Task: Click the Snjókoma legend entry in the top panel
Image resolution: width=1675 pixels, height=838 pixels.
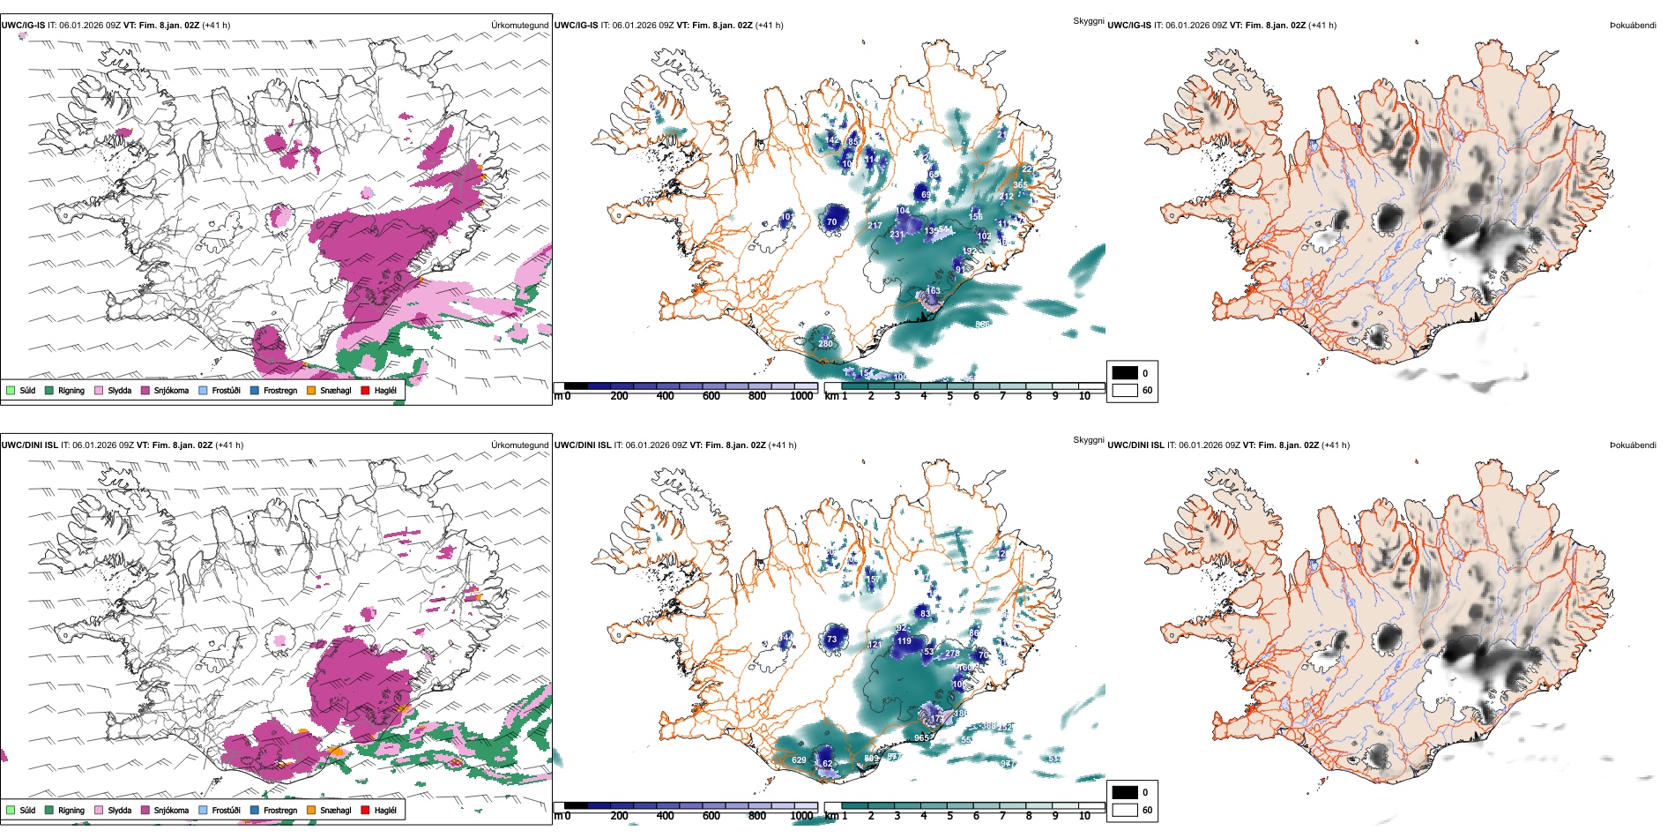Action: coord(171,391)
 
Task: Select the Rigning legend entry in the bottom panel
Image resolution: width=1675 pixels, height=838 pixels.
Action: coord(71,811)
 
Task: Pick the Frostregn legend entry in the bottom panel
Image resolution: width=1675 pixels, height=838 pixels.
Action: coord(279,811)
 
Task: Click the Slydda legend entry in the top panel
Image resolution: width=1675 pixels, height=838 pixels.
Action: coord(119,391)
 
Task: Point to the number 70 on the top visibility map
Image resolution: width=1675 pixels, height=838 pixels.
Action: coord(831,222)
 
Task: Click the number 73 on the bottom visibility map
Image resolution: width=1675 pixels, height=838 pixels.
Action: coord(831,640)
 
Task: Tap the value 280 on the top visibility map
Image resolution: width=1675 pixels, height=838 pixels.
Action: coord(825,344)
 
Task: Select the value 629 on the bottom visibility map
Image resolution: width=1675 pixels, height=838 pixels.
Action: coord(799,760)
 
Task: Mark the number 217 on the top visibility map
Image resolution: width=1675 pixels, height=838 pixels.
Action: coord(875,226)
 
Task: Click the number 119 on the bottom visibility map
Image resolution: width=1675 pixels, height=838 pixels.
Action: coord(904,641)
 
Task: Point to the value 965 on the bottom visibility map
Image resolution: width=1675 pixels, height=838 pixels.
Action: coord(921,738)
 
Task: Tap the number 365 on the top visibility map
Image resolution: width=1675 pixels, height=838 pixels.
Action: coord(1020,185)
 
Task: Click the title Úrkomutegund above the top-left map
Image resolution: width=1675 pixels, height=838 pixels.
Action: coord(519,26)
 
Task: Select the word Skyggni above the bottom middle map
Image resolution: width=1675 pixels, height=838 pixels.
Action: coord(1088,440)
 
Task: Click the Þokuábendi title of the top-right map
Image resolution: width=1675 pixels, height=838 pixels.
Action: coord(1633,26)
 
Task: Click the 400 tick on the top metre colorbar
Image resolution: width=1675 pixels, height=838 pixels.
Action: coord(666,397)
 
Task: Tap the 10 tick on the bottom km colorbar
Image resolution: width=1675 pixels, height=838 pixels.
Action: coord(1084,817)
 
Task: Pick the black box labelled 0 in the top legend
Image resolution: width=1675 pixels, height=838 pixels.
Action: coord(1125,373)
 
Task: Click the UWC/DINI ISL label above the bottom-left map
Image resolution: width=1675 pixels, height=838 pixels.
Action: coord(29,445)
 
